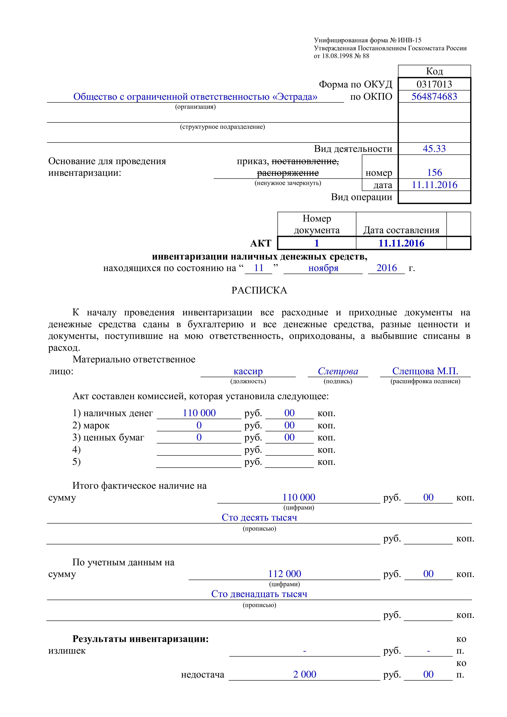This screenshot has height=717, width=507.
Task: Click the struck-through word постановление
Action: [x=305, y=161]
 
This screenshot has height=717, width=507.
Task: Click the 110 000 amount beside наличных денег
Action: [x=199, y=413]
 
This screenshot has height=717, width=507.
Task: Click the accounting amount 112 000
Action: [x=284, y=574]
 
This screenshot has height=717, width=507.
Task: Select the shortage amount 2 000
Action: [x=304, y=674]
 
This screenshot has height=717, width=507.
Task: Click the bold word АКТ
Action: [x=261, y=243]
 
